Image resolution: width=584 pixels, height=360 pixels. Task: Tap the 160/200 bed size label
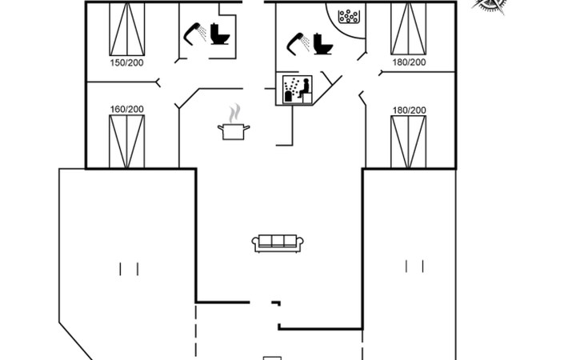[x=126, y=110]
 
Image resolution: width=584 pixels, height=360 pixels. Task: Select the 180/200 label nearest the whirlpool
[x=409, y=62]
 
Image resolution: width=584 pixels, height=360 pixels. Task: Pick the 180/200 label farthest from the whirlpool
[x=409, y=110]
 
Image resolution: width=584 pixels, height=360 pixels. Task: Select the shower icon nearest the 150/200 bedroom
[x=194, y=32]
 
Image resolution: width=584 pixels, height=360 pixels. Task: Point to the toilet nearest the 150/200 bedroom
[x=220, y=38]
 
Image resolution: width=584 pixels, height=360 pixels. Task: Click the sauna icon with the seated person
[x=296, y=90]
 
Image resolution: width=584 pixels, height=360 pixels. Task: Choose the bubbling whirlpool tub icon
[x=348, y=16]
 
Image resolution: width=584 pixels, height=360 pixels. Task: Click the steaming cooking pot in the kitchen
[x=234, y=130]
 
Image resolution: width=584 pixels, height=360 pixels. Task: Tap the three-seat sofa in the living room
[x=277, y=243]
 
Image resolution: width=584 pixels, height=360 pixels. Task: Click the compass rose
[x=490, y=5]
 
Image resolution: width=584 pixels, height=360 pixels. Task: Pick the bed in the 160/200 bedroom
[x=126, y=142]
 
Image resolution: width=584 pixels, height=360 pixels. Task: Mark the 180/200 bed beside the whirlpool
[x=408, y=29]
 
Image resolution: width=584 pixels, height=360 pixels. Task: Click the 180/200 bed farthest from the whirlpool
[x=408, y=142]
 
